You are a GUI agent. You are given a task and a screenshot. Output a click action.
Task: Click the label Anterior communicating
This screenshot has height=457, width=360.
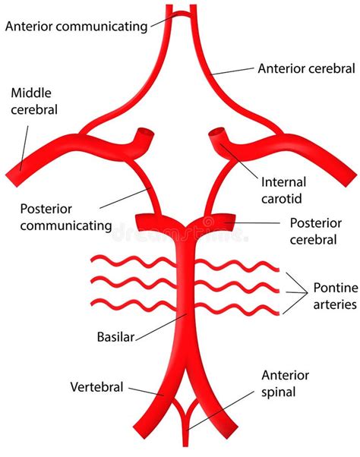pyautogui.click(x=76, y=27)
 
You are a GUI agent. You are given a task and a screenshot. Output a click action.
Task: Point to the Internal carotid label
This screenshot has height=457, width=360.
pyautogui.click(x=284, y=191)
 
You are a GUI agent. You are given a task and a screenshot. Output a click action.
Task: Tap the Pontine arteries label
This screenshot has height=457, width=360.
pyautogui.click(x=332, y=297)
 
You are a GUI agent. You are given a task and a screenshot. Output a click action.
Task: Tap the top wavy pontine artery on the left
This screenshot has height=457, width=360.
pyautogui.click(x=129, y=263)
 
